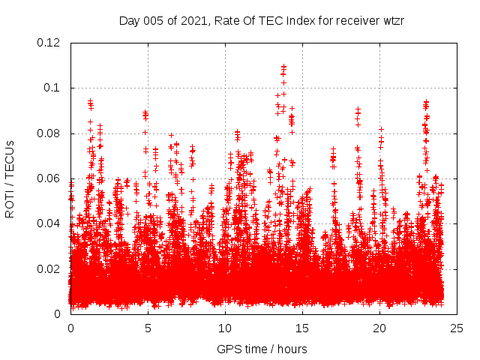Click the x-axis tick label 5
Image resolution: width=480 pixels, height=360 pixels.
(148, 328)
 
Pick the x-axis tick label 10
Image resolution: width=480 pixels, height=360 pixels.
(225, 328)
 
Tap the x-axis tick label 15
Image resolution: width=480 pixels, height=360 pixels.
(302, 328)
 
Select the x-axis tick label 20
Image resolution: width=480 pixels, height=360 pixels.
(379, 328)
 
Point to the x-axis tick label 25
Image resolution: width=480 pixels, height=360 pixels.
(457, 328)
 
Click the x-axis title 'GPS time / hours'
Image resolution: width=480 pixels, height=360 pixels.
(262, 349)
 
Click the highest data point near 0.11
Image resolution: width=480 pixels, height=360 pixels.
(283, 67)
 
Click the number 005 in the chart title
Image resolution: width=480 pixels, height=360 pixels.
(153, 20)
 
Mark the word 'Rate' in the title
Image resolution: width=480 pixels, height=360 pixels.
(226, 20)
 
